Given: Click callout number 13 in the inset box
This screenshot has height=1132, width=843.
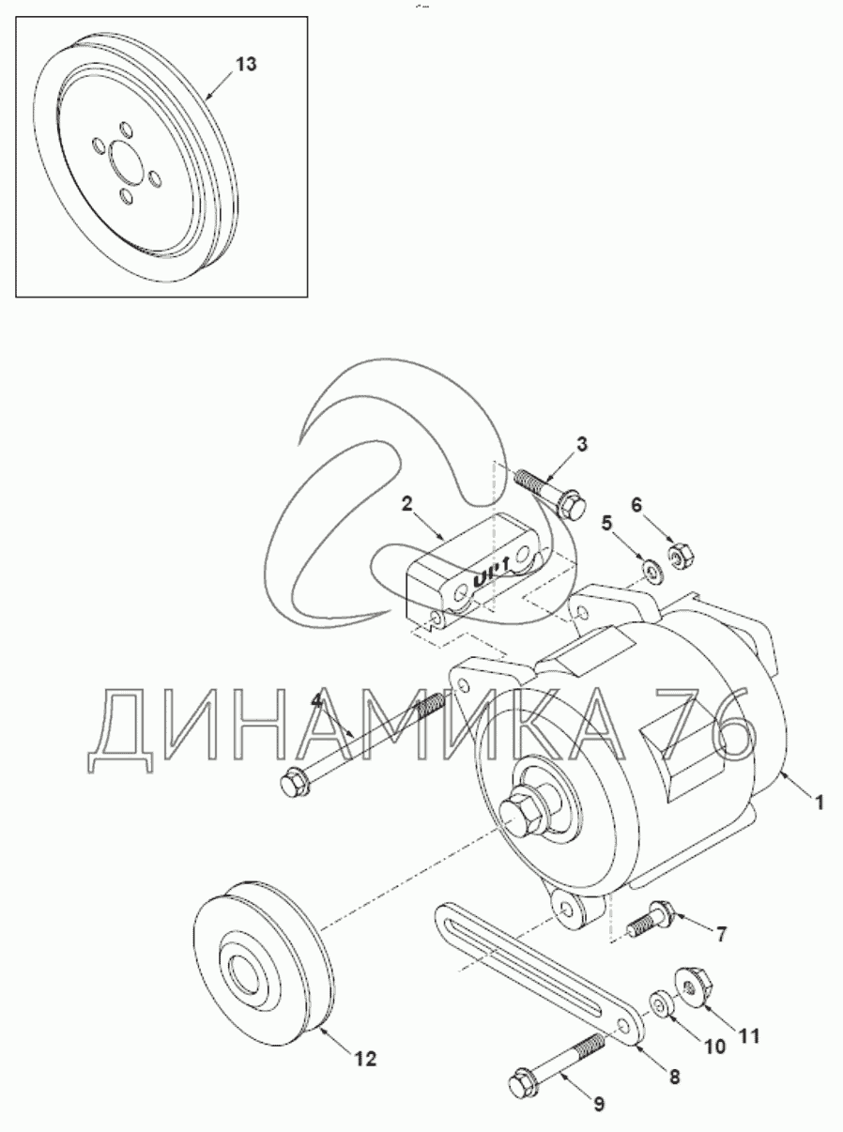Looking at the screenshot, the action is (x=246, y=65).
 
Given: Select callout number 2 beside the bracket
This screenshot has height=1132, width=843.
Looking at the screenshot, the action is (x=406, y=504).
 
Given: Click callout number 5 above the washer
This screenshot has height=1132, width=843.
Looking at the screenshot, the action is (x=606, y=524).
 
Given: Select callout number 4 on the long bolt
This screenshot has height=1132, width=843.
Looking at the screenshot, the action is (x=316, y=702).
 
